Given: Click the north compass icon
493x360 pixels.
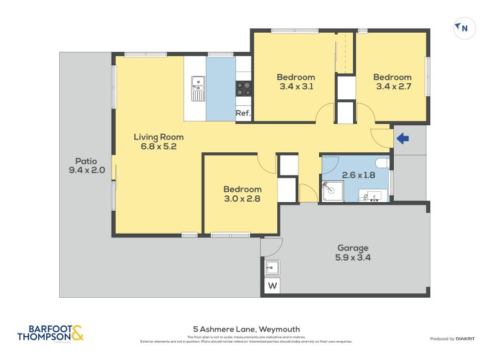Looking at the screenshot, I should (x=464, y=28).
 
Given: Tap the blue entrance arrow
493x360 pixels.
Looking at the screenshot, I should (x=402, y=139).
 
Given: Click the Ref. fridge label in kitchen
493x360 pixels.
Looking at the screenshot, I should (x=243, y=113).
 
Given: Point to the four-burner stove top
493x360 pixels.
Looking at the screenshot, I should (x=243, y=89).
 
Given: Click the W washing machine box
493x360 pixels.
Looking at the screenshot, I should (x=272, y=287).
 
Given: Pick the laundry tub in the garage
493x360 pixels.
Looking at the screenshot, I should (x=272, y=268).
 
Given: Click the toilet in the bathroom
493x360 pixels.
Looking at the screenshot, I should (x=381, y=163).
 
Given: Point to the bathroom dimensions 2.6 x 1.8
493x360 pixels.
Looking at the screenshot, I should (x=359, y=176).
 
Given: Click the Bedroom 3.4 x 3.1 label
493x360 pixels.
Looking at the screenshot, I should (x=296, y=82).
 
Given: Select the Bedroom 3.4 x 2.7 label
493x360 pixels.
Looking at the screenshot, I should (x=393, y=82).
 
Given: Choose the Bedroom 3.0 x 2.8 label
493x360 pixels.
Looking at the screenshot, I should (x=242, y=194).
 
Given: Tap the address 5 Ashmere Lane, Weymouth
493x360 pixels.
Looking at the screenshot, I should (x=246, y=329).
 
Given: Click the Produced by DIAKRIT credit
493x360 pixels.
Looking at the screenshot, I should (x=455, y=339).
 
